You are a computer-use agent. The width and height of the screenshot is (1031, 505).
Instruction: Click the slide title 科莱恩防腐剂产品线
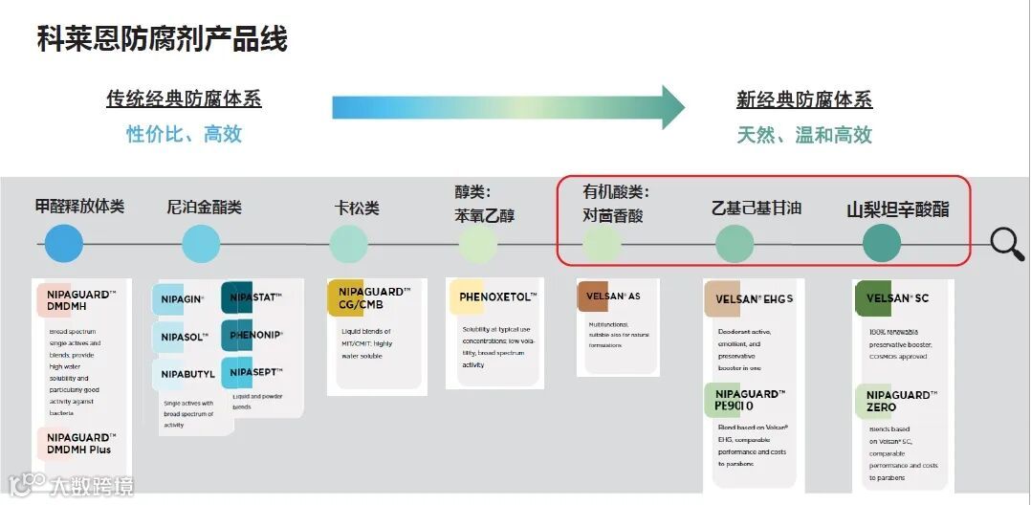162,38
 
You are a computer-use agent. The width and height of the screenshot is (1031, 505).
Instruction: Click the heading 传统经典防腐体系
184,99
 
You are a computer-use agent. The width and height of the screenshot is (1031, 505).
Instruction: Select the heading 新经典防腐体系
803,99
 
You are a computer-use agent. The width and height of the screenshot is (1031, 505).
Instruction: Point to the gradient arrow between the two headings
507,107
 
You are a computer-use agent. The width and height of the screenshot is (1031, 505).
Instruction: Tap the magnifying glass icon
1006,243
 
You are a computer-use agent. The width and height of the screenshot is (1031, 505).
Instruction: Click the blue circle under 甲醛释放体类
64,244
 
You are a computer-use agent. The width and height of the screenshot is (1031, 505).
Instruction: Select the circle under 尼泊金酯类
201,244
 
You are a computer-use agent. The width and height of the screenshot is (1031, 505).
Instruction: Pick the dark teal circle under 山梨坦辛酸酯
882,244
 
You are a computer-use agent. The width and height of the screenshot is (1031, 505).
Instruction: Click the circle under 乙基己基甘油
735,244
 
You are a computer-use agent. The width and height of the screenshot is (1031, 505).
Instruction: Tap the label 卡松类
356,208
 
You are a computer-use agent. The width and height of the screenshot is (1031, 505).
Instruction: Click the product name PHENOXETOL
497,297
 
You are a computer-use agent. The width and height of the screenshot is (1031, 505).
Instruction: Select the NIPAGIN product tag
182,299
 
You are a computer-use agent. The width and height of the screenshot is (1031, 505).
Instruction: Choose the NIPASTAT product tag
254,298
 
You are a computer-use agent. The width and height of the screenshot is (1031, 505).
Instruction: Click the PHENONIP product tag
254,335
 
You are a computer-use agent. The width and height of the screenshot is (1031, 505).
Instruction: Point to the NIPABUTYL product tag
187,374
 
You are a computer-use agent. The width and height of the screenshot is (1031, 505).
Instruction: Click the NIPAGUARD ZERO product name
900,401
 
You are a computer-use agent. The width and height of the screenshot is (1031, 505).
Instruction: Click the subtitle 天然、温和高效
803,135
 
